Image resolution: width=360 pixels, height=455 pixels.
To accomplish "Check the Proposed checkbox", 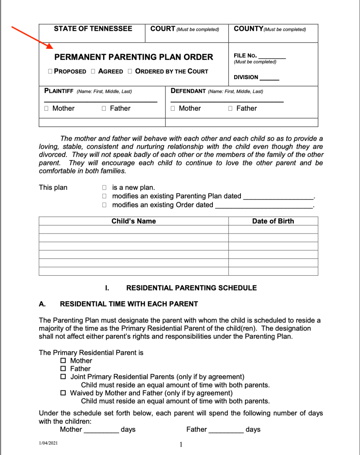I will click(50, 71).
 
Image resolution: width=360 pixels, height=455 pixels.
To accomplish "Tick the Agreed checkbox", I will click(93, 71).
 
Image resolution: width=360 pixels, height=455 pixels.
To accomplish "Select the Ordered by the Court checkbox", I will click(130, 71).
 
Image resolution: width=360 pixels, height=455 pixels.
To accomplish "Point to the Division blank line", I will click(269, 79).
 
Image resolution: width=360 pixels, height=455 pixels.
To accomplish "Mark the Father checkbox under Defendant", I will click(230, 109).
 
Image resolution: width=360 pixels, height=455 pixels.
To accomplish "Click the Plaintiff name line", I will click(100, 101).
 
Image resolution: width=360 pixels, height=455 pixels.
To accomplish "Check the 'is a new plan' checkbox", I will click(104, 188).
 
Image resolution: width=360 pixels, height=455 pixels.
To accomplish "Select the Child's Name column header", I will click(133, 221).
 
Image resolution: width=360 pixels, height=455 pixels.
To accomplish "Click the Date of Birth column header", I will click(273, 221).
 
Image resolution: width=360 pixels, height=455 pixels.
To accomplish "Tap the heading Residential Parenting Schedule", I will click(192, 288).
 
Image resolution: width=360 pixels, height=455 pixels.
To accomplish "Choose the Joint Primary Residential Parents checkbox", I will click(63, 377).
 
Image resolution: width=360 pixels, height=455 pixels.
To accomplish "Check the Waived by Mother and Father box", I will click(63, 393).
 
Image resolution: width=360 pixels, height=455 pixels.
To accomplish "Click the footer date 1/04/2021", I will click(48, 443).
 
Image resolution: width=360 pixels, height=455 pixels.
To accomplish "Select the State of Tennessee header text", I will click(93, 29).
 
